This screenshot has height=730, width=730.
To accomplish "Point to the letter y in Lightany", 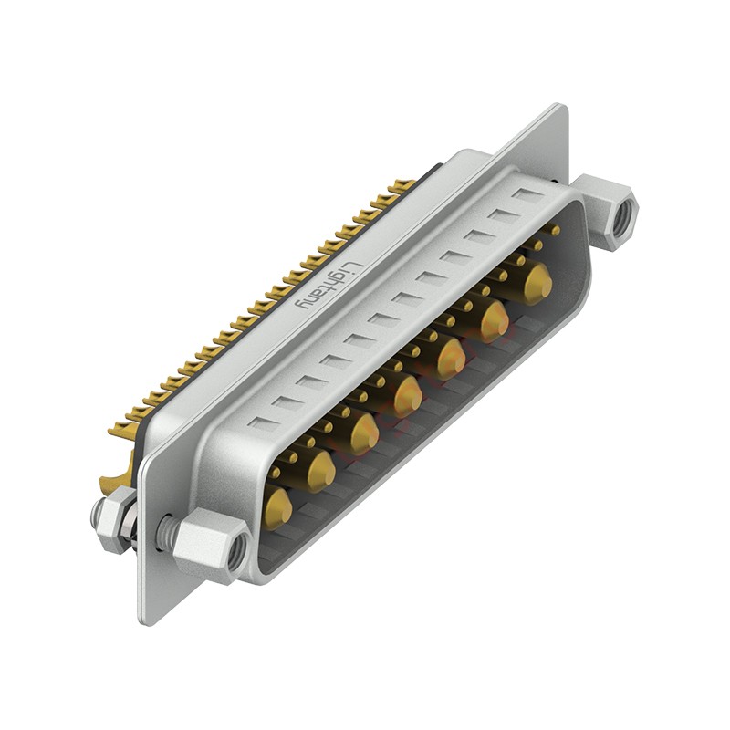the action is [x=305, y=304].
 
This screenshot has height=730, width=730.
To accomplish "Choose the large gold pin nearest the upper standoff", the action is [x=537, y=283].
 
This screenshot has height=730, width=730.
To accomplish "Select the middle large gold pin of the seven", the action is [x=407, y=396].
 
